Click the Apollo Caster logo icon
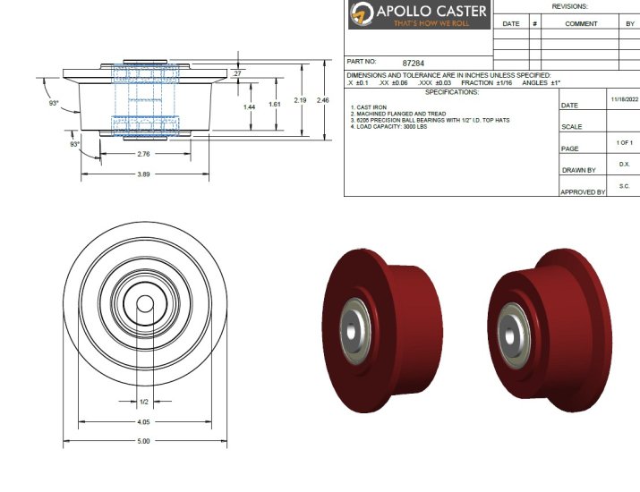tap(363, 14)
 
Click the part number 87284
tap(414, 64)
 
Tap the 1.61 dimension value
tap(275, 105)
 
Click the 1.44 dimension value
tap(250, 106)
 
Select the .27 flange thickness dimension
tap(236, 72)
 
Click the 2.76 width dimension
tap(142, 155)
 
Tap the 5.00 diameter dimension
tap(143, 440)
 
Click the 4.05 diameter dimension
tap(143, 421)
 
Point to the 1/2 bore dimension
tap(144, 402)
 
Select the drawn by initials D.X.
tap(624, 165)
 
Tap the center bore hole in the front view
tap(143, 304)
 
